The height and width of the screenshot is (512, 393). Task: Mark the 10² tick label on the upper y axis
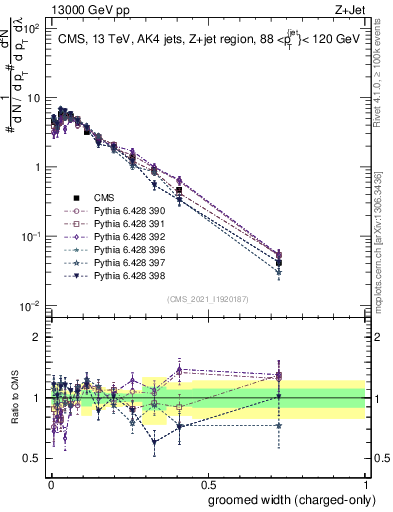pyautogui.click(x=32, y=30)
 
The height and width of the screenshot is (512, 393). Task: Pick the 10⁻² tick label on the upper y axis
pyautogui.click(x=32, y=305)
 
